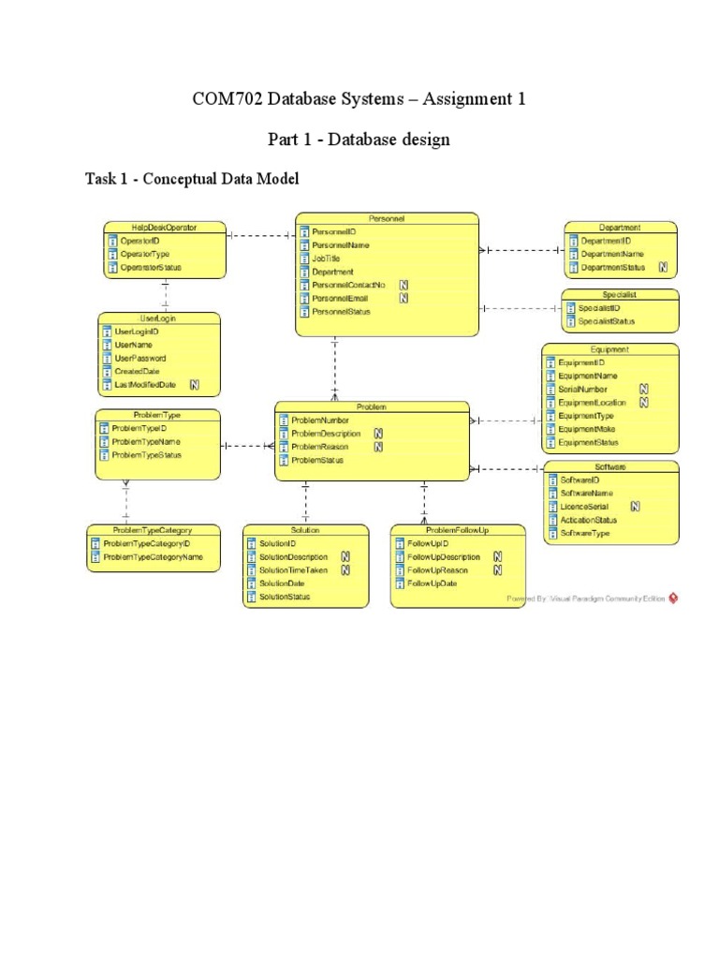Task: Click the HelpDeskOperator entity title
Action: coord(164,227)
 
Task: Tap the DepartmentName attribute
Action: coord(612,254)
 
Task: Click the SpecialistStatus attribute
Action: coord(606,321)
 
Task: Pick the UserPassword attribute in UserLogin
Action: coord(140,358)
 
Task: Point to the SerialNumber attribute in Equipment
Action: coord(582,389)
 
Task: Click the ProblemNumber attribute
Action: coord(320,420)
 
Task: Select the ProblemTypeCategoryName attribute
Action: coord(153,556)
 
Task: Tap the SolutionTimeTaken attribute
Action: coord(293,569)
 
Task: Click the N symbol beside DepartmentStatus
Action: coord(663,267)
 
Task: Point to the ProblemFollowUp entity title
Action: coord(456,529)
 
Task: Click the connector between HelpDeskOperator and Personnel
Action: coord(259,236)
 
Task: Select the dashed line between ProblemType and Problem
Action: coord(247,446)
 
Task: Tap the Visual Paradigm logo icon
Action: coord(673,598)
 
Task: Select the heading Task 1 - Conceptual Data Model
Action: coord(192,179)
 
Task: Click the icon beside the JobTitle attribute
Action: coord(304,258)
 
